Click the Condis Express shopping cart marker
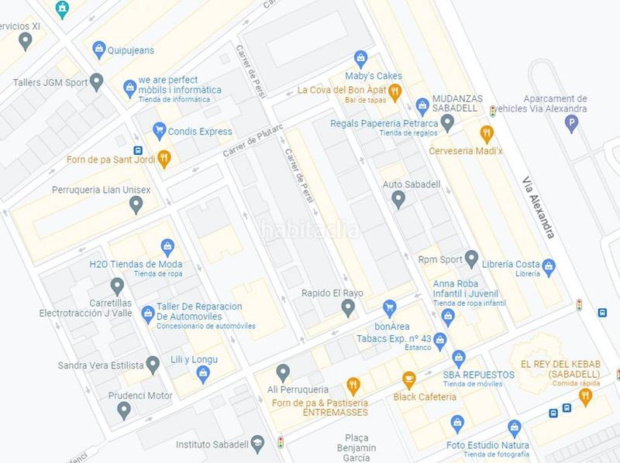click(x=160, y=130)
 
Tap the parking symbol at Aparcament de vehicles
click(x=573, y=122)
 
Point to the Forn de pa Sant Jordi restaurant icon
click(x=164, y=159)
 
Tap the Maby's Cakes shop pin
click(x=360, y=58)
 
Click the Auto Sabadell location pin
click(x=398, y=199)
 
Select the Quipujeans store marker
click(x=99, y=50)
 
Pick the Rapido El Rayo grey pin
click(x=348, y=308)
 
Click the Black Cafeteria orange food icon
click(x=409, y=380)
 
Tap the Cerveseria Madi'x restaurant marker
click(x=487, y=133)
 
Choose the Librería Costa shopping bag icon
click(x=549, y=267)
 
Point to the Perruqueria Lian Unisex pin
click(x=136, y=204)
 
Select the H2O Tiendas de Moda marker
click(x=167, y=248)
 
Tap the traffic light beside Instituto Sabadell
click(x=281, y=443)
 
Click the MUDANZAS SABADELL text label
click(x=456, y=103)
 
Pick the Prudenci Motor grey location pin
click(x=123, y=410)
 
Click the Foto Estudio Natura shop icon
click(x=514, y=428)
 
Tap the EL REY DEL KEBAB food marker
click(x=585, y=396)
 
